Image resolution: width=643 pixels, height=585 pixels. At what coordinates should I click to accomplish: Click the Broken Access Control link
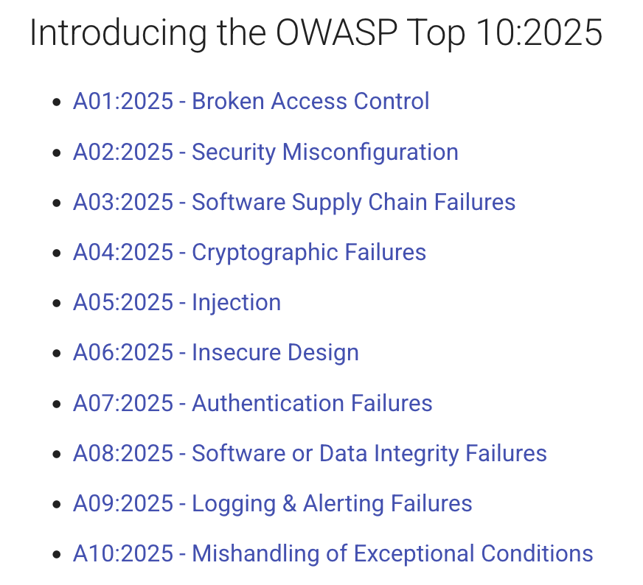click(x=310, y=101)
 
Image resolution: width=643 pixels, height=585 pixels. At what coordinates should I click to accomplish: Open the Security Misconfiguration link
click(x=324, y=152)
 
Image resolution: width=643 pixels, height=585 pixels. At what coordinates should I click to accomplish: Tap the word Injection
click(x=236, y=303)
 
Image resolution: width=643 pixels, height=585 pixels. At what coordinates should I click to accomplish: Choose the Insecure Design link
click(x=275, y=353)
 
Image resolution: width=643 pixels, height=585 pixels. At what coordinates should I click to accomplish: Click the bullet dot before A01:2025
click(x=57, y=102)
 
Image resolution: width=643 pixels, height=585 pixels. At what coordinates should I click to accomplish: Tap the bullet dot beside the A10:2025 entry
click(x=57, y=555)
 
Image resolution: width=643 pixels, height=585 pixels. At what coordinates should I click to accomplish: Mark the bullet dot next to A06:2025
click(x=57, y=354)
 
